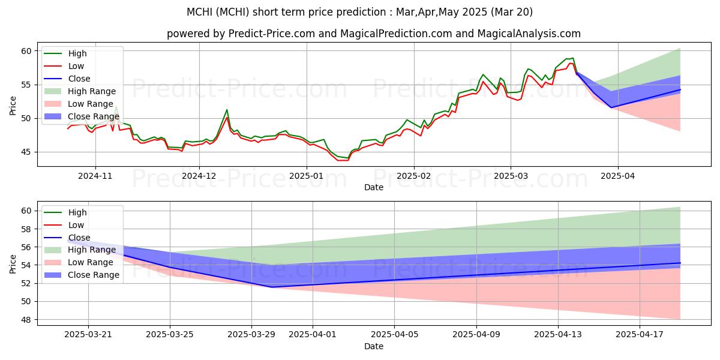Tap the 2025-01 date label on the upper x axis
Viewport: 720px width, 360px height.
[x=307, y=176]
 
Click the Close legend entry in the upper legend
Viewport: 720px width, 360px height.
[x=79, y=79]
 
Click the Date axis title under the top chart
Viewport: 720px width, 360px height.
[x=373, y=187]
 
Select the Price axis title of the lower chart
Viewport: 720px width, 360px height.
[x=13, y=263]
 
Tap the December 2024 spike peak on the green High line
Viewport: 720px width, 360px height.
[x=227, y=110]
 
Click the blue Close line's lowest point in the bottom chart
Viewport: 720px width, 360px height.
[x=272, y=287]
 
